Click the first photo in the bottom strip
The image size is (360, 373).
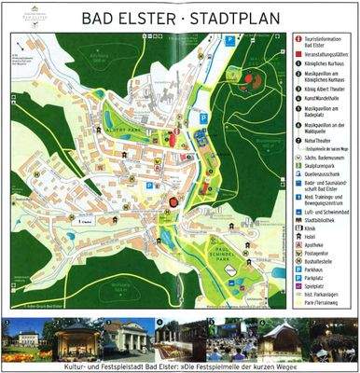tap(25, 340)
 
